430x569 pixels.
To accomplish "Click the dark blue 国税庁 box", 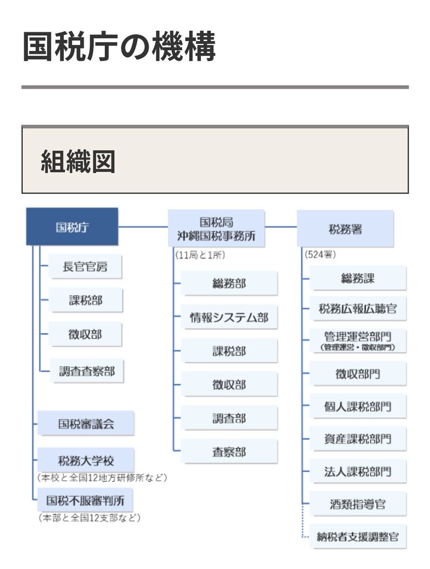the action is [x=72, y=226].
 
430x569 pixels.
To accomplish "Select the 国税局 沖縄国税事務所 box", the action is [x=216, y=228].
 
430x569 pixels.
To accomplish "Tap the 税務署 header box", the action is [x=345, y=229].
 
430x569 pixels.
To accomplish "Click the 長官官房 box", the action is [x=85, y=266].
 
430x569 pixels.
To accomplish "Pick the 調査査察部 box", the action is [x=87, y=371].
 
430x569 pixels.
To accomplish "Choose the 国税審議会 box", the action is [x=86, y=423].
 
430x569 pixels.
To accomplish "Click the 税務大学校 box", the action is [x=86, y=460].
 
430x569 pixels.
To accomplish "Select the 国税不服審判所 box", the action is [x=85, y=500].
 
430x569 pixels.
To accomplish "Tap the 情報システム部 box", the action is [x=229, y=317].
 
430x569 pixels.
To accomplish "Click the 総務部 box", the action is [x=229, y=283].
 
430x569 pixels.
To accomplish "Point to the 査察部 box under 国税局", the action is [x=229, y=452].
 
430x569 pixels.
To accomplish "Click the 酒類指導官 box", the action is [x=357, y=504].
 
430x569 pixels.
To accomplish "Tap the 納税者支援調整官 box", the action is [x=357, y=536].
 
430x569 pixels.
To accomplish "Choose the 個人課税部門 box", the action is [x=357, y=406].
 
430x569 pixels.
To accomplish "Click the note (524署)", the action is [x=320, y=255].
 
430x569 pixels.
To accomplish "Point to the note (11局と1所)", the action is [x=200, y=255].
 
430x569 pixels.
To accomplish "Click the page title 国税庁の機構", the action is [x=119, y=46].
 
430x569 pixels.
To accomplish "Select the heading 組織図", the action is [x=78, y=161].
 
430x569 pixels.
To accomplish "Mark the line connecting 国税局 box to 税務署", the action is [x=281, y=227].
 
